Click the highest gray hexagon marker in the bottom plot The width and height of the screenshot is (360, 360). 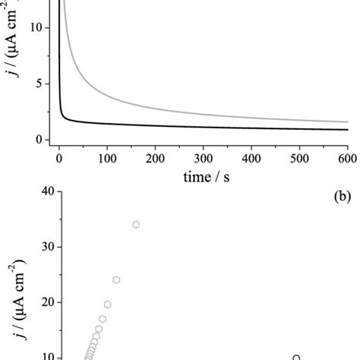[x=136, y=246]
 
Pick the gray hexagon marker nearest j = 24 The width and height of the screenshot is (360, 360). [x=116, y=279]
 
